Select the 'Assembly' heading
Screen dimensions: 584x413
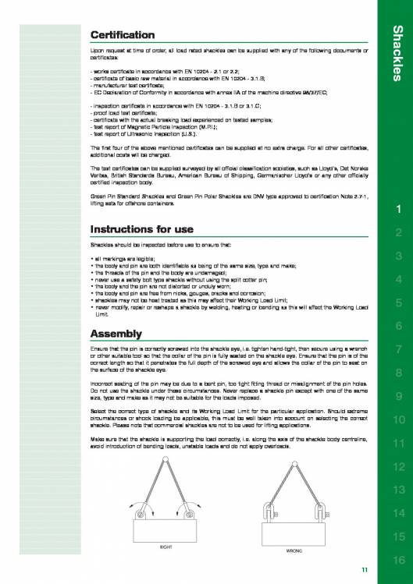[114, 334]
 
